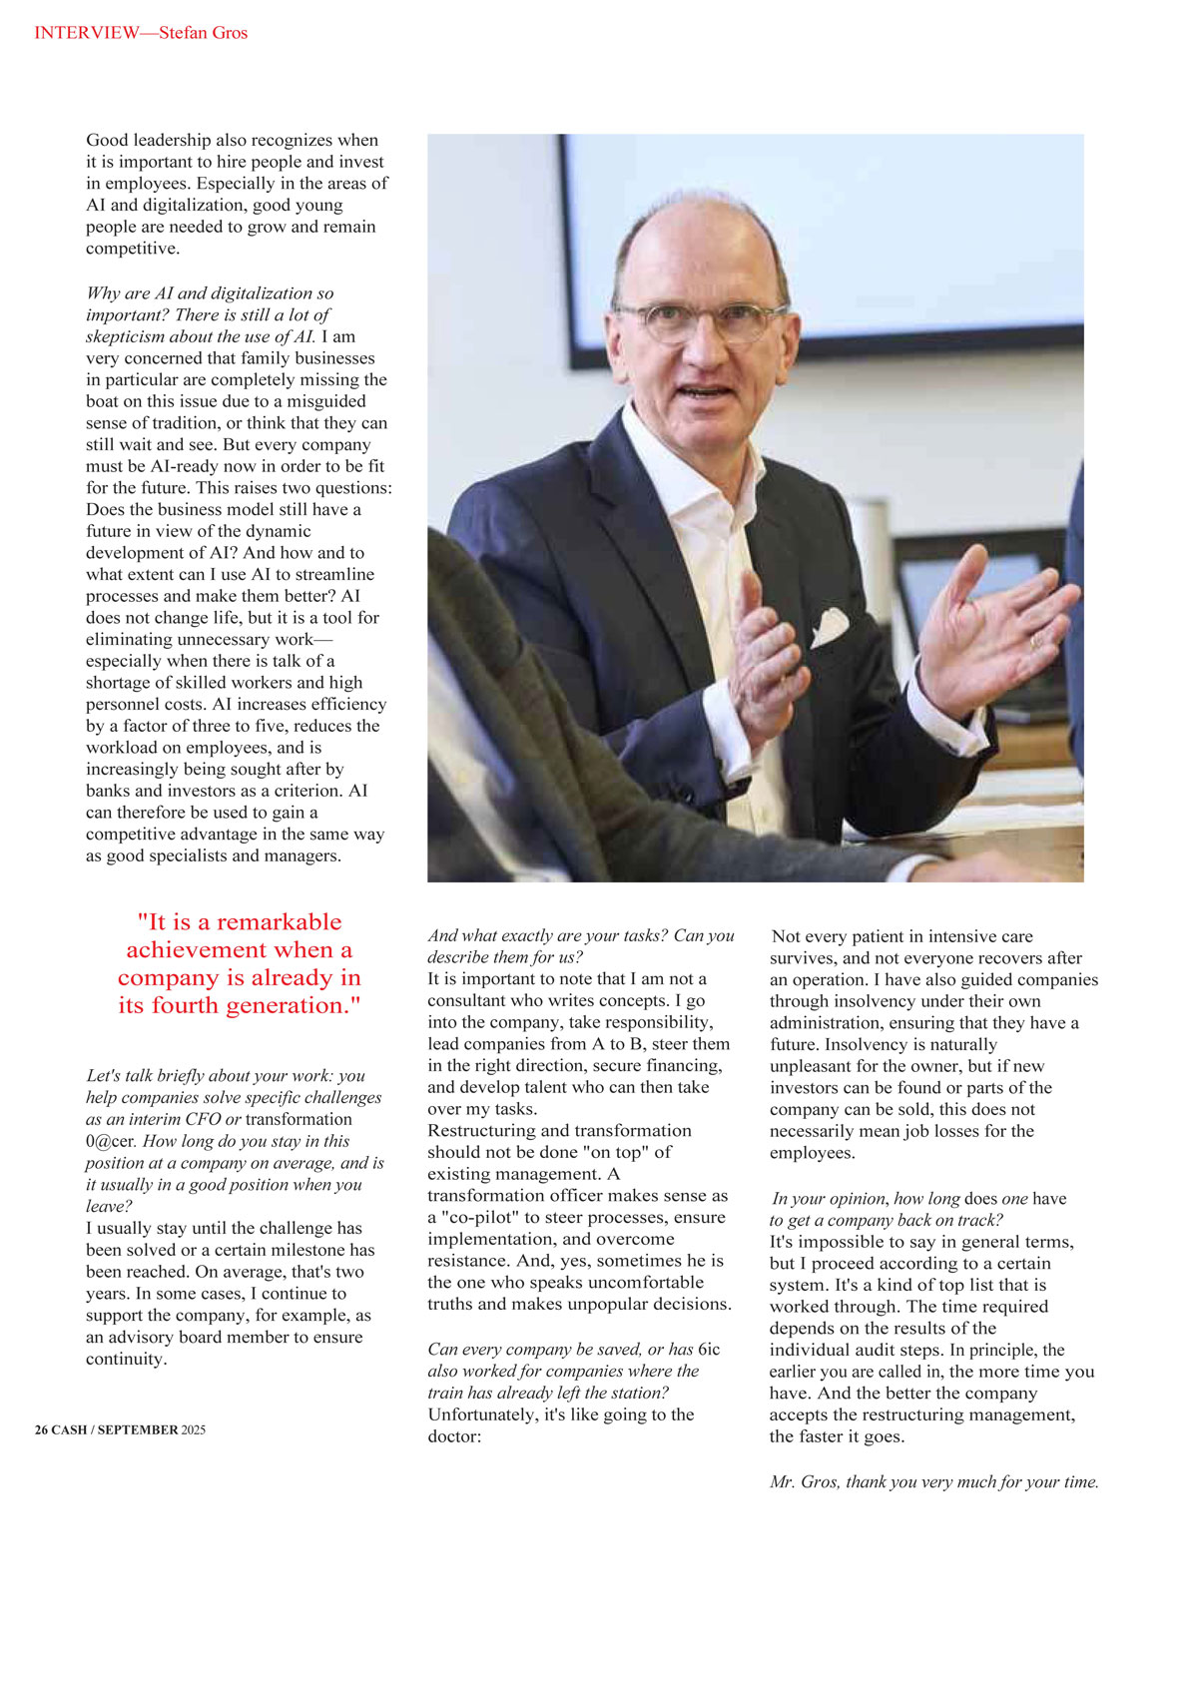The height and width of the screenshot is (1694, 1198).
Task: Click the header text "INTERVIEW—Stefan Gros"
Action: click(x=141, y=33)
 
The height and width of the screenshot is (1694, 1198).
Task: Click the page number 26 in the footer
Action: click(x=41, y=1429)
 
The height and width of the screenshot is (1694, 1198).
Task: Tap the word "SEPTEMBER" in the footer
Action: click(x=138, y=1429)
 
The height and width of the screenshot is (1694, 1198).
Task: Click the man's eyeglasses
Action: click(x=699, y=321)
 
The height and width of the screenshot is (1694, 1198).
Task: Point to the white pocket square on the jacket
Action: click(x=829, y=627)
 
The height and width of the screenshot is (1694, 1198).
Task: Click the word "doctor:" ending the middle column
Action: click(x=455, y=1436)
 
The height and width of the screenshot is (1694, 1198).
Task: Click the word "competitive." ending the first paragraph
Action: click(x=133, y=249)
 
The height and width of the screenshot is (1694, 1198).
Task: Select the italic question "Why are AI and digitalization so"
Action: click(x=210, y=293)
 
